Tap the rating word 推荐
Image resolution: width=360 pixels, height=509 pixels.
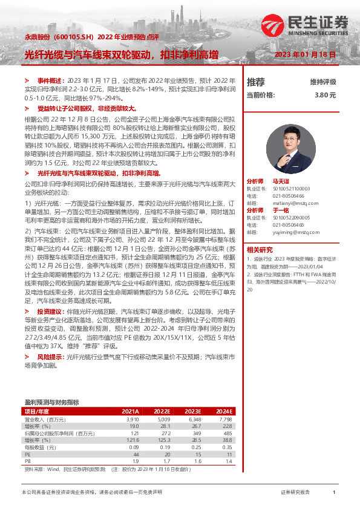[x=255, y=82]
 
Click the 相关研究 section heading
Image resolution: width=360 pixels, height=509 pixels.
[x=259, y=249]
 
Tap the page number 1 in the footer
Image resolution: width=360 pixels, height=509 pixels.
[x=334, y=493]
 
